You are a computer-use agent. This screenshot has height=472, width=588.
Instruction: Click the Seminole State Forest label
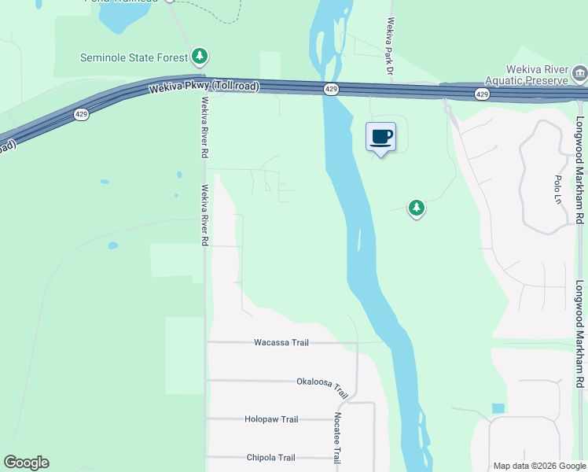(134, 57)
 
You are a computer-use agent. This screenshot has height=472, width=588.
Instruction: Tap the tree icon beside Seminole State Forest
(201, 56)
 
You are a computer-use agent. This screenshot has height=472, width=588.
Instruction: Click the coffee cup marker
(381, 138)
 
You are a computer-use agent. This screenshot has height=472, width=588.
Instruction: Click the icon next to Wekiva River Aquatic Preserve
(580, 76)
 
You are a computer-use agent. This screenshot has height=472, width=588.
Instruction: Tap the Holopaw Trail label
(271, 419)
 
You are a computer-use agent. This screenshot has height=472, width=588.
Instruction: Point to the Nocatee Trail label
(337, 433)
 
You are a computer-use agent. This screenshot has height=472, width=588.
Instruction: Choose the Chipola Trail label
(270, 458)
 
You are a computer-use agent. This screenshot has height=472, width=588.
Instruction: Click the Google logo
(26, 463)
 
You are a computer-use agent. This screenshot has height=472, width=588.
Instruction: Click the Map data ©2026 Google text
(539, 466)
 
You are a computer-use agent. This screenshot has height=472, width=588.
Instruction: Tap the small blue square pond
(497, 408)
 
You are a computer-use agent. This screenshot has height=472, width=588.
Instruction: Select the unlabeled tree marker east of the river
(416, 208)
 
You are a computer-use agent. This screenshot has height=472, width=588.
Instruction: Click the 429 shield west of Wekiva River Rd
(82, 114)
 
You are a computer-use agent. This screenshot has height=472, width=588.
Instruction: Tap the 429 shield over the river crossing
(331, 90)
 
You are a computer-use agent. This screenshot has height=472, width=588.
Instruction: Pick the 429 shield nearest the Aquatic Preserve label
(482, 94)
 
